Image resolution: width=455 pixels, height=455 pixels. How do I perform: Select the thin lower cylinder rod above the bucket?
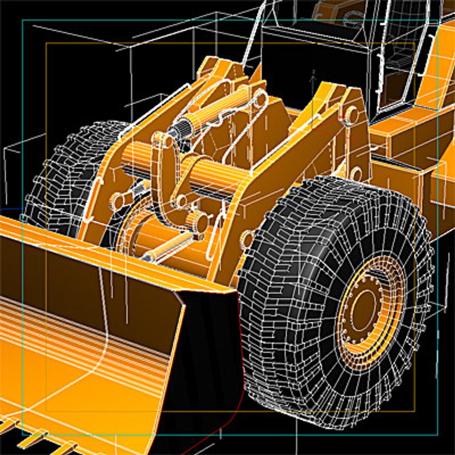166,249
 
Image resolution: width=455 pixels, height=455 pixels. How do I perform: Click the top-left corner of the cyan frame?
22,20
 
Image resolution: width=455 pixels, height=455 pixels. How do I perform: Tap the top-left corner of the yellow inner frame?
46,43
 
